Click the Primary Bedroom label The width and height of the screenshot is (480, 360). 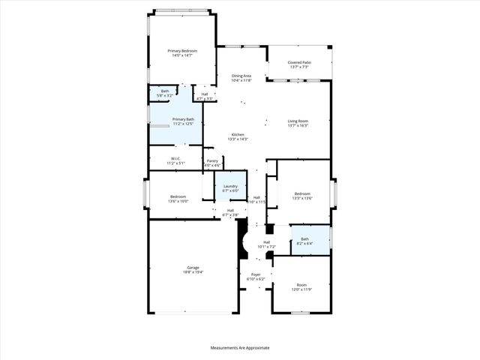point(182,53)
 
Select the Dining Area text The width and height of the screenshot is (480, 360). point(241,78)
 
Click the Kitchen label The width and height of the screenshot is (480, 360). point(238,136)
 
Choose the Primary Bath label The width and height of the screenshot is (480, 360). point(184,121)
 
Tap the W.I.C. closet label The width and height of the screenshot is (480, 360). point(175,160)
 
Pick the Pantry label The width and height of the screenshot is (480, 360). point(212,163)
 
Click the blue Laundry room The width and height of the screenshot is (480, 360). point(230,187)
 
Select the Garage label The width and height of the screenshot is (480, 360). point(193,270)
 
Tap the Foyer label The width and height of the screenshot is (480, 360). point(256,277)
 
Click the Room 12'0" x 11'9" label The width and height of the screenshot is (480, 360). point(301,286)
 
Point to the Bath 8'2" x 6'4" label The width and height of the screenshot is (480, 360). point(304,241)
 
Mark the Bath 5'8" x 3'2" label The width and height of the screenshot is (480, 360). point(164,93)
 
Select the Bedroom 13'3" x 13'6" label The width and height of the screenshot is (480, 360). point(303,196)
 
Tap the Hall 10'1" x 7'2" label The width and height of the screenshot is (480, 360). point(267,244)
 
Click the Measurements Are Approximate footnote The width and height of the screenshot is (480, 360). point(239,348)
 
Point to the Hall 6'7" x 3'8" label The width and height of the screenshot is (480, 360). point(230,212)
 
